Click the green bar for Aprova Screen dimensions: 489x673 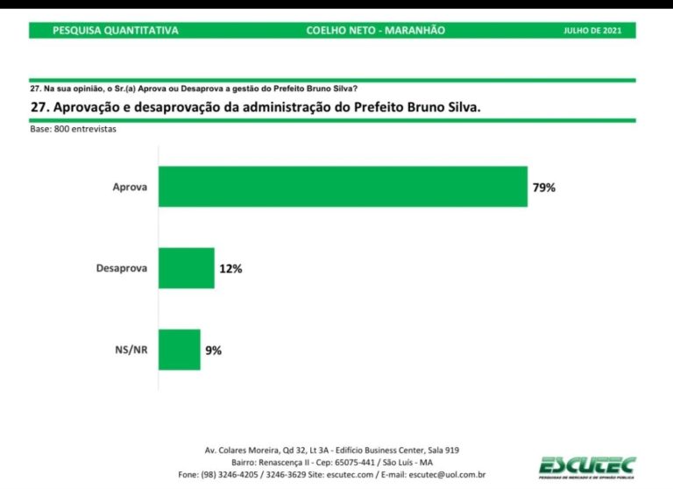pyautogui.click(x=343, y=187)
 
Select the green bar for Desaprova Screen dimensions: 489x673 pyautogui.click(x=186, y=268)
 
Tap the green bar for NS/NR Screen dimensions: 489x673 pyautogui.click(x=179, y=350)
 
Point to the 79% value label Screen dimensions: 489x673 pyautogui.click(x=543, y=188)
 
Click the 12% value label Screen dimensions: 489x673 pyautogui.click(x=230, y=269)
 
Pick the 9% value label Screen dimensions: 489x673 pyautogui.click(x=213, y=351)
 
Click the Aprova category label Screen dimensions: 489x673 pyautogui.click(x=130, y=188)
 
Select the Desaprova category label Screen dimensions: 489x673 pyautogui.click(x=121, y=269)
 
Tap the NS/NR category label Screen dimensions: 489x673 pyautogui.click(x=130, y=351)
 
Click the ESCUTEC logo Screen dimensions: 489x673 pyautogui.click(x=586, y=466)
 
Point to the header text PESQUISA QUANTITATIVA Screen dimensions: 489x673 pyautogui.click(x=116, y=31)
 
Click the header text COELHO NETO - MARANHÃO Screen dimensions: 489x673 pyautogui.click(x=375, y=31)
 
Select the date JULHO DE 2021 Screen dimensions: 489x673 pyautogui.click(x=593, y=31)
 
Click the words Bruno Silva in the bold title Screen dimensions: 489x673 pyautogui.click(x=439, y=107)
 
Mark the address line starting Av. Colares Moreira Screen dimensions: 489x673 pyautogui.click(x=331, y=450)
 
